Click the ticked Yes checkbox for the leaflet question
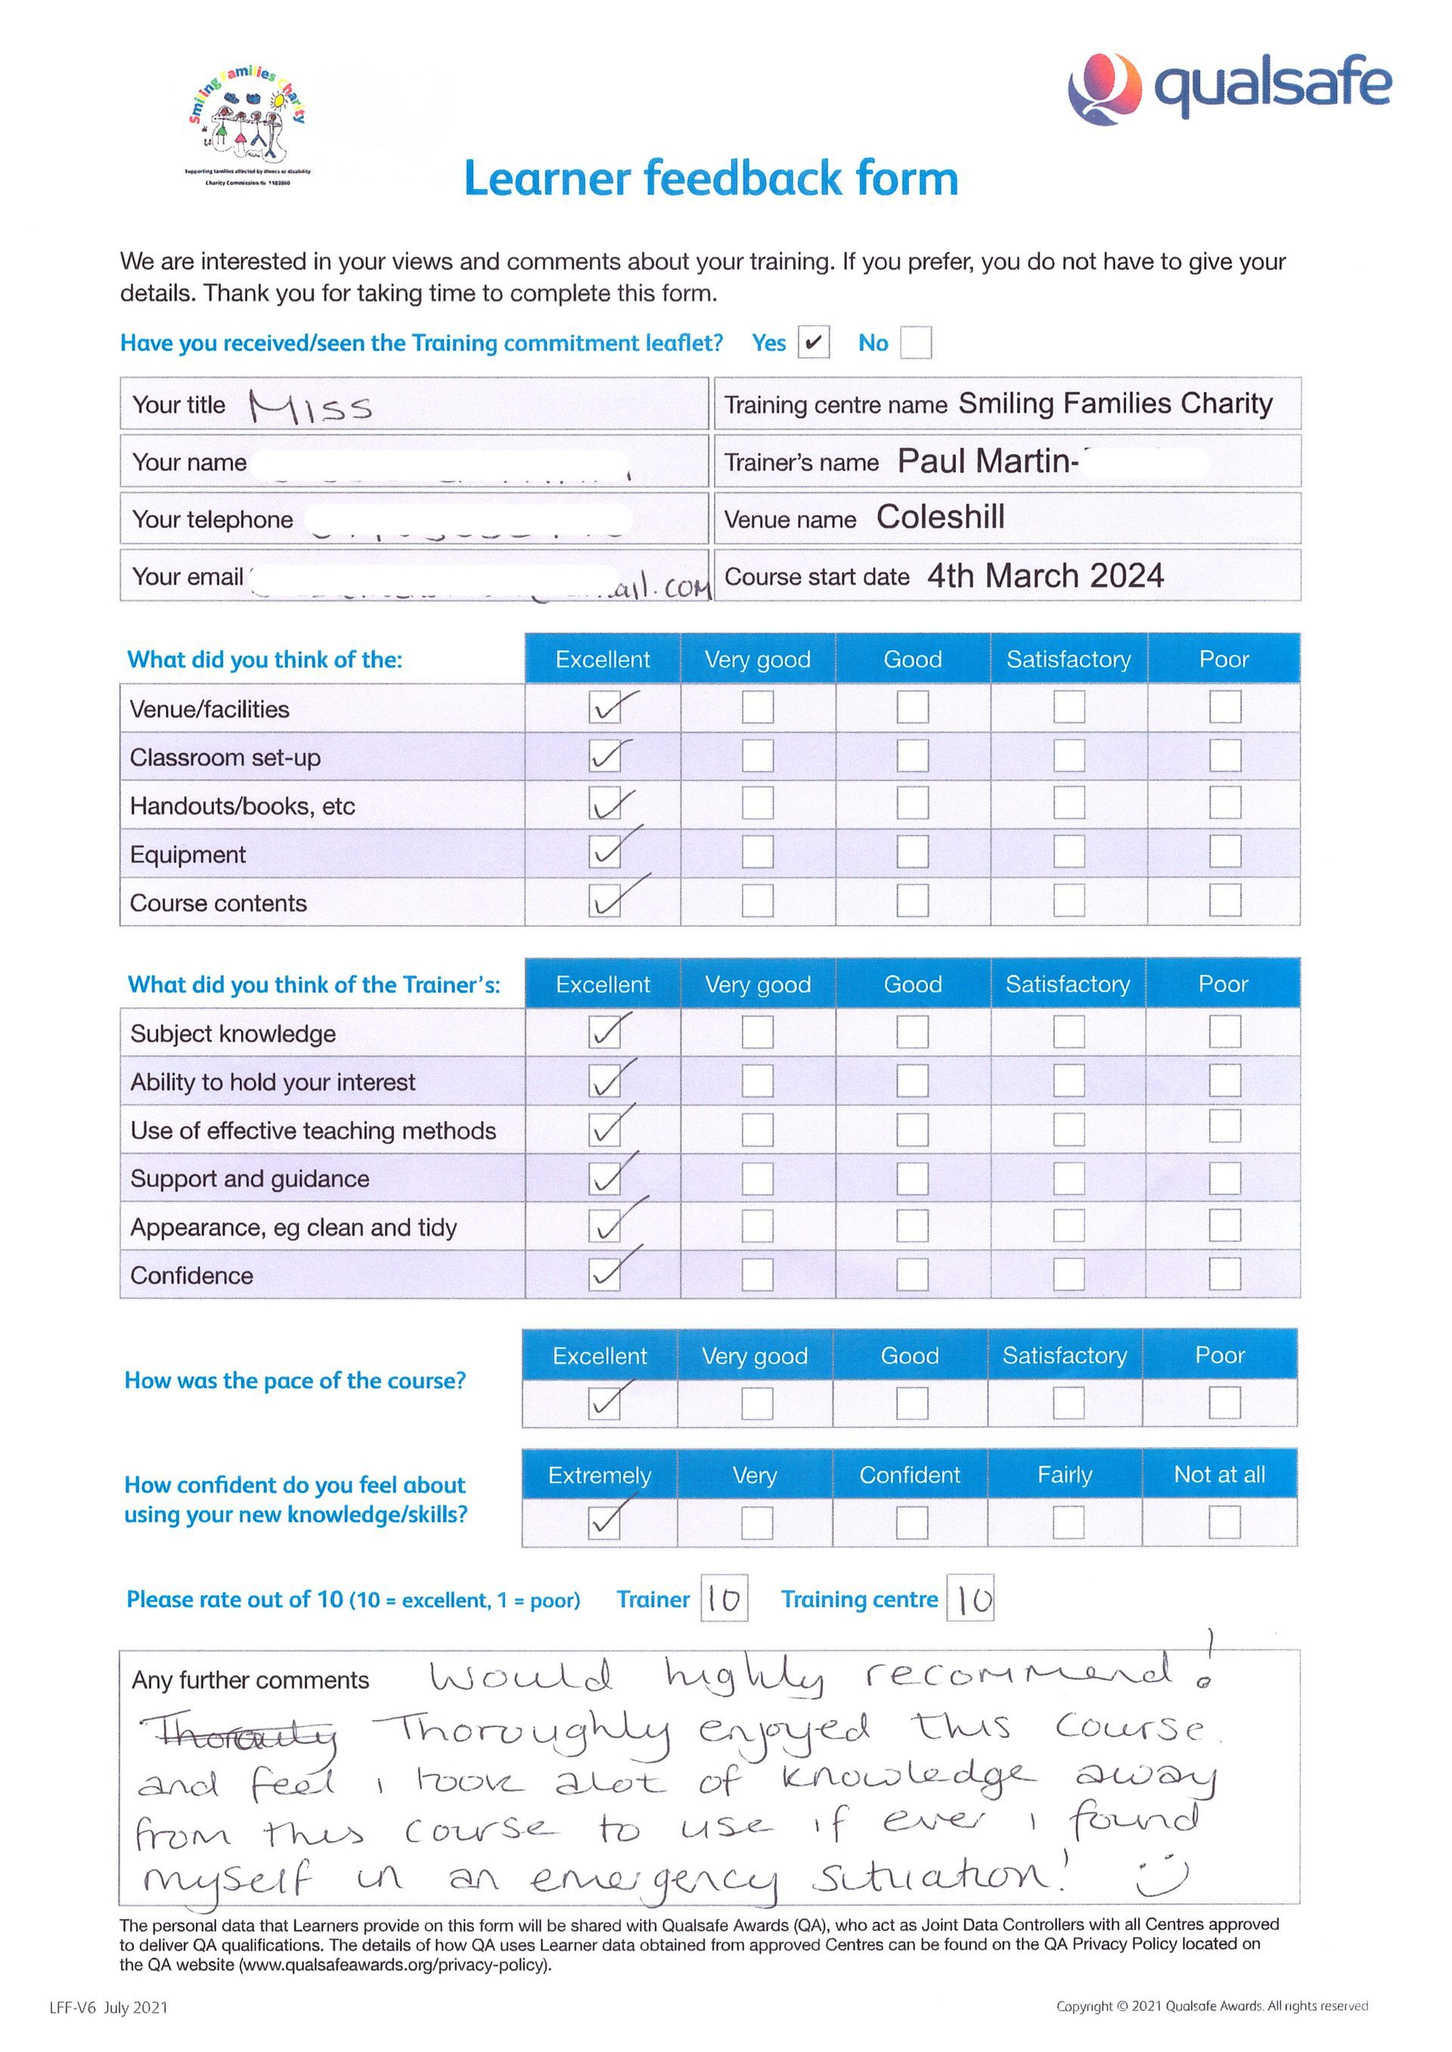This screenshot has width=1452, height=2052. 813,343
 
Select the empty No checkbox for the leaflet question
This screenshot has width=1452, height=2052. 916,343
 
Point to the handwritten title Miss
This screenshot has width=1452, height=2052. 310,407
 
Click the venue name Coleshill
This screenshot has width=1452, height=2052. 940,517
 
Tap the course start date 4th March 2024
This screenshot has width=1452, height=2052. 1044,575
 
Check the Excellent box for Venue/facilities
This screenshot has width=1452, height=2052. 605,708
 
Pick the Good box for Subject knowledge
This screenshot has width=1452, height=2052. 912,1032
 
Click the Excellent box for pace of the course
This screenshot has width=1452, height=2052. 604,1403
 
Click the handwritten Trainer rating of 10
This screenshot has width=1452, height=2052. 723,1600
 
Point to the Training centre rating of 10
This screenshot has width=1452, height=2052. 971,1600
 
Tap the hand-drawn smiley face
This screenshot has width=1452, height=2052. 1162,1877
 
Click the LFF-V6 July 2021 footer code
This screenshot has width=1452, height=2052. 108,2007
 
